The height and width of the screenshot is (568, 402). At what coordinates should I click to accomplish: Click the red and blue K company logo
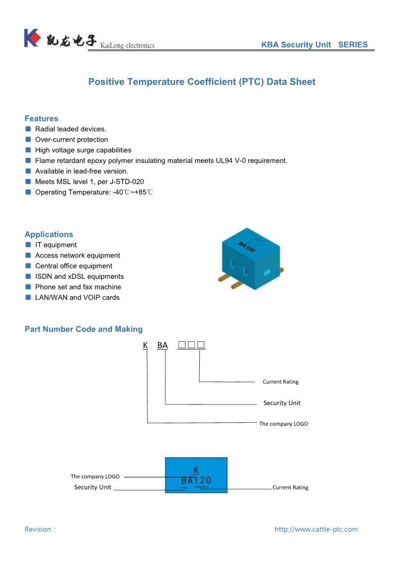(x=31, y=38)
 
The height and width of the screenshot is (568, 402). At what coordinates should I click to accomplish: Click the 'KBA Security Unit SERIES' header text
(x=314, y=45)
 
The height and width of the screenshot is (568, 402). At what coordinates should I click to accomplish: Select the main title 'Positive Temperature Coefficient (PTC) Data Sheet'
(x=202, y=82)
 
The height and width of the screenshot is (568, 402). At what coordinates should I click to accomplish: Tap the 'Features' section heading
(x=42, y=118)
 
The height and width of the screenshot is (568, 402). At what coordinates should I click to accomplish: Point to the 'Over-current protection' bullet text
(x=71, y=140)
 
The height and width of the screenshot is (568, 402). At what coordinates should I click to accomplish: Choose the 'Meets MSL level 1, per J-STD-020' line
(x=86, y=182)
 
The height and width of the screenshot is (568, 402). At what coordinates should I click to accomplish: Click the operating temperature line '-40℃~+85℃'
(x=133, y=192)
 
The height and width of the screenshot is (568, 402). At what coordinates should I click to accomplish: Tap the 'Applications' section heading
(x=49, y=234)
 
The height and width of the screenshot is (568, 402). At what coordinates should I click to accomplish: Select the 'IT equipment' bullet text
(x=56, y=245)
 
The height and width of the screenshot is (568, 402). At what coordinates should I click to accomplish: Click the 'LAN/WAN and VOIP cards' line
(x=77, y=298)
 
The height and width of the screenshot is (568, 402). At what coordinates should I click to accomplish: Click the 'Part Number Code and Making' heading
(x=84, y=329)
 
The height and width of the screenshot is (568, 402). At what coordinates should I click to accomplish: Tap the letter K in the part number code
(x=145, y=345)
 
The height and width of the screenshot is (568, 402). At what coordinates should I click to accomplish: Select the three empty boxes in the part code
(x=192, y=345)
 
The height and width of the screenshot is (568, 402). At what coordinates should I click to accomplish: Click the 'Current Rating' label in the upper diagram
(x=280, y=382)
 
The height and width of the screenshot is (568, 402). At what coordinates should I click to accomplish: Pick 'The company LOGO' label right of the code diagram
(x=283, y=424)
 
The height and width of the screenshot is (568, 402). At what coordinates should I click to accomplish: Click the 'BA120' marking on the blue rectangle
(x=196, y=480)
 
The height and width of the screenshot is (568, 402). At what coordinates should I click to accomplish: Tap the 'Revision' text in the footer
(x=39, y=530)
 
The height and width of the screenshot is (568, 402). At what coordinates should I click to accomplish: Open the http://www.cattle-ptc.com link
(x=316, y=530)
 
